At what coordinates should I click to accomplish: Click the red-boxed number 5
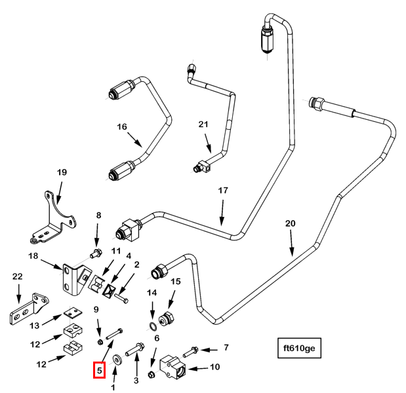100,370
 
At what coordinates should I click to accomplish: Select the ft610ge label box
299,348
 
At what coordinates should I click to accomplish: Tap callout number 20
291,223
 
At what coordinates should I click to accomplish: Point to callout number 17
223,191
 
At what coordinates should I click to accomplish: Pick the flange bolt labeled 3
135,349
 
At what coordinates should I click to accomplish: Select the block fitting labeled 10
173,367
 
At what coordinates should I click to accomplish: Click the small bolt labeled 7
191,352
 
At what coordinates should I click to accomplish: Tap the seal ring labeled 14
153,326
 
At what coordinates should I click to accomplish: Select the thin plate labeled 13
73,312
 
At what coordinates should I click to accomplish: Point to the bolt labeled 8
96,253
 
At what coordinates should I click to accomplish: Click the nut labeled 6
152,375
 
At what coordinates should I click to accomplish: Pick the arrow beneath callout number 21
208,143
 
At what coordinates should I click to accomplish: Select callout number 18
33,256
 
